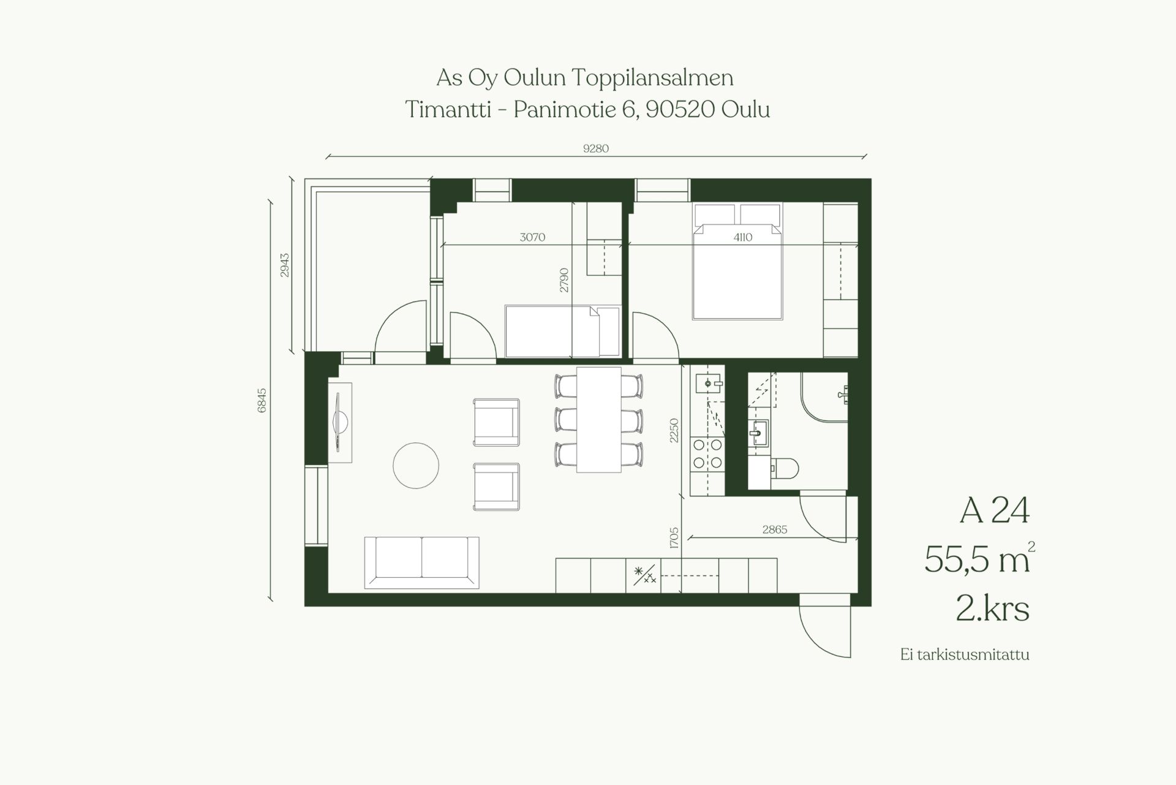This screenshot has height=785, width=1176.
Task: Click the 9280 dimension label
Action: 596,148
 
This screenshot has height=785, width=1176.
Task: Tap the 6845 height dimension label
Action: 262,401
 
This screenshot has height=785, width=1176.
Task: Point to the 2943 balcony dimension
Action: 285,265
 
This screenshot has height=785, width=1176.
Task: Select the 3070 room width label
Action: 532,237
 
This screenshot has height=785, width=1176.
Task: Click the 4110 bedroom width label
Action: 743,237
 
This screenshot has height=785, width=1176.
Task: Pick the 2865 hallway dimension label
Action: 775,529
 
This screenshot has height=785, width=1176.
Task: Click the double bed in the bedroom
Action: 737,261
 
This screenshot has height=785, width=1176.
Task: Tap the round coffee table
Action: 416,466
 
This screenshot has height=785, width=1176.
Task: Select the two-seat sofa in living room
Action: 421,563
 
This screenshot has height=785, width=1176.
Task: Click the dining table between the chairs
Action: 599,420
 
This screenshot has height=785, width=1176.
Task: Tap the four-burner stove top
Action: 707,454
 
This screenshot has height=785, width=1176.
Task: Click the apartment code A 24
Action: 995,510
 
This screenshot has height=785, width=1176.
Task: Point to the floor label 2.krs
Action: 993,609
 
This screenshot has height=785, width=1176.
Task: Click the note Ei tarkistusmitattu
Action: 965,654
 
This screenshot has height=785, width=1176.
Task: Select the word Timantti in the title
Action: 448,110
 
